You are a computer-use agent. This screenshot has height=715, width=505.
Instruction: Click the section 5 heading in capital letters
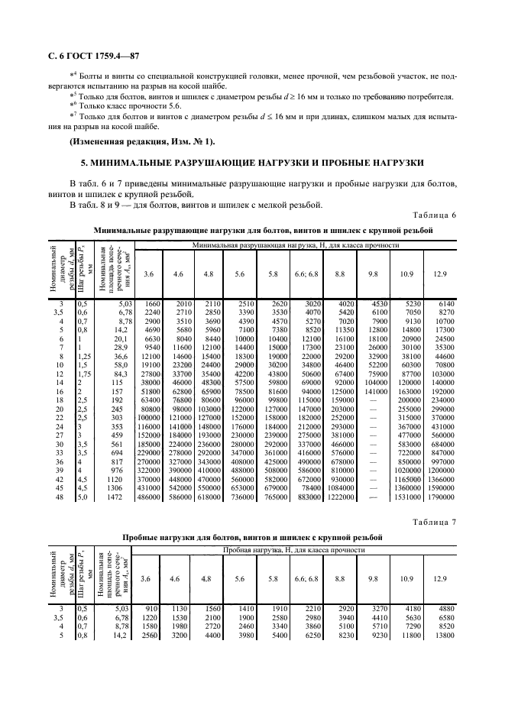tap(252, 165)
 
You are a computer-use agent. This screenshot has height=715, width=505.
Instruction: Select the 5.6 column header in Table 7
tap(240, 578)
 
